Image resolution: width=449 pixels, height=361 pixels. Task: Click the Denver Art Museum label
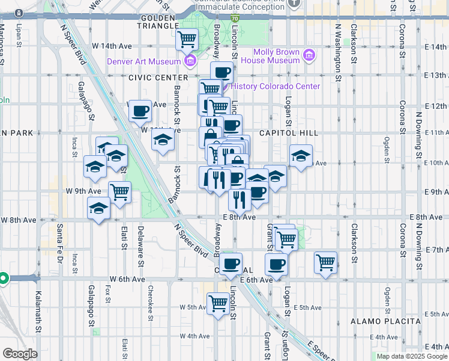(143, 61)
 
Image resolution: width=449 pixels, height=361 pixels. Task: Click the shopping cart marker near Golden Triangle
(187, 40)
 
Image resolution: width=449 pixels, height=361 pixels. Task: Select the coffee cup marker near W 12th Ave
(140, 110)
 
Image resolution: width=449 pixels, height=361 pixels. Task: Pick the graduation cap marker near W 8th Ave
(99, 209)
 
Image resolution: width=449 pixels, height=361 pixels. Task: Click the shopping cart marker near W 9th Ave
(120, 192)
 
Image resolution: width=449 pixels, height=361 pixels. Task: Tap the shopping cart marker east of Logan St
(325, 262)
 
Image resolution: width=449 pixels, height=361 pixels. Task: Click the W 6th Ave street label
(127, 279)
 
